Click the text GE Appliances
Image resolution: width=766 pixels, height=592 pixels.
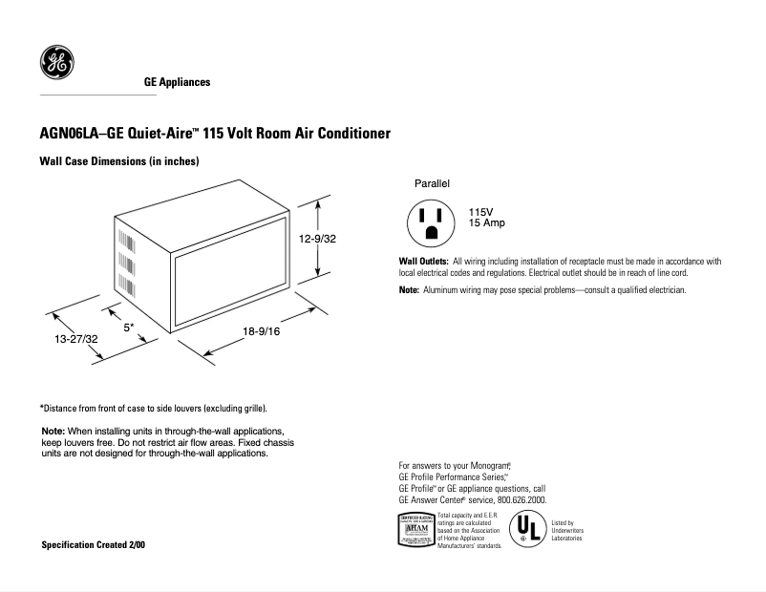pos(177,83)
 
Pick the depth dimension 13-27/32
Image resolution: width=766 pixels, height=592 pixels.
pos(75,338)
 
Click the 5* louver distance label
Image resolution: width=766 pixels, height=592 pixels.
pos(129,327)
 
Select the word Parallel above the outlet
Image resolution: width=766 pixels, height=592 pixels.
pos(432,182)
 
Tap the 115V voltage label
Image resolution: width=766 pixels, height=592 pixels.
pos(481,211)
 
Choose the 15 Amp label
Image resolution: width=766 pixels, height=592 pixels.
pos(486,222)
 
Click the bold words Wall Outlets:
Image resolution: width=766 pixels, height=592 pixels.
pos(423,262)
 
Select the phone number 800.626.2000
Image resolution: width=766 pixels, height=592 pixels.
pos(522,499)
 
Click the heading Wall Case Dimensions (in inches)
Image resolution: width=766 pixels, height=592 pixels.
pos(118,162)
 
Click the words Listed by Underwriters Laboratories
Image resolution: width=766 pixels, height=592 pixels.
pos(567,531)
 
